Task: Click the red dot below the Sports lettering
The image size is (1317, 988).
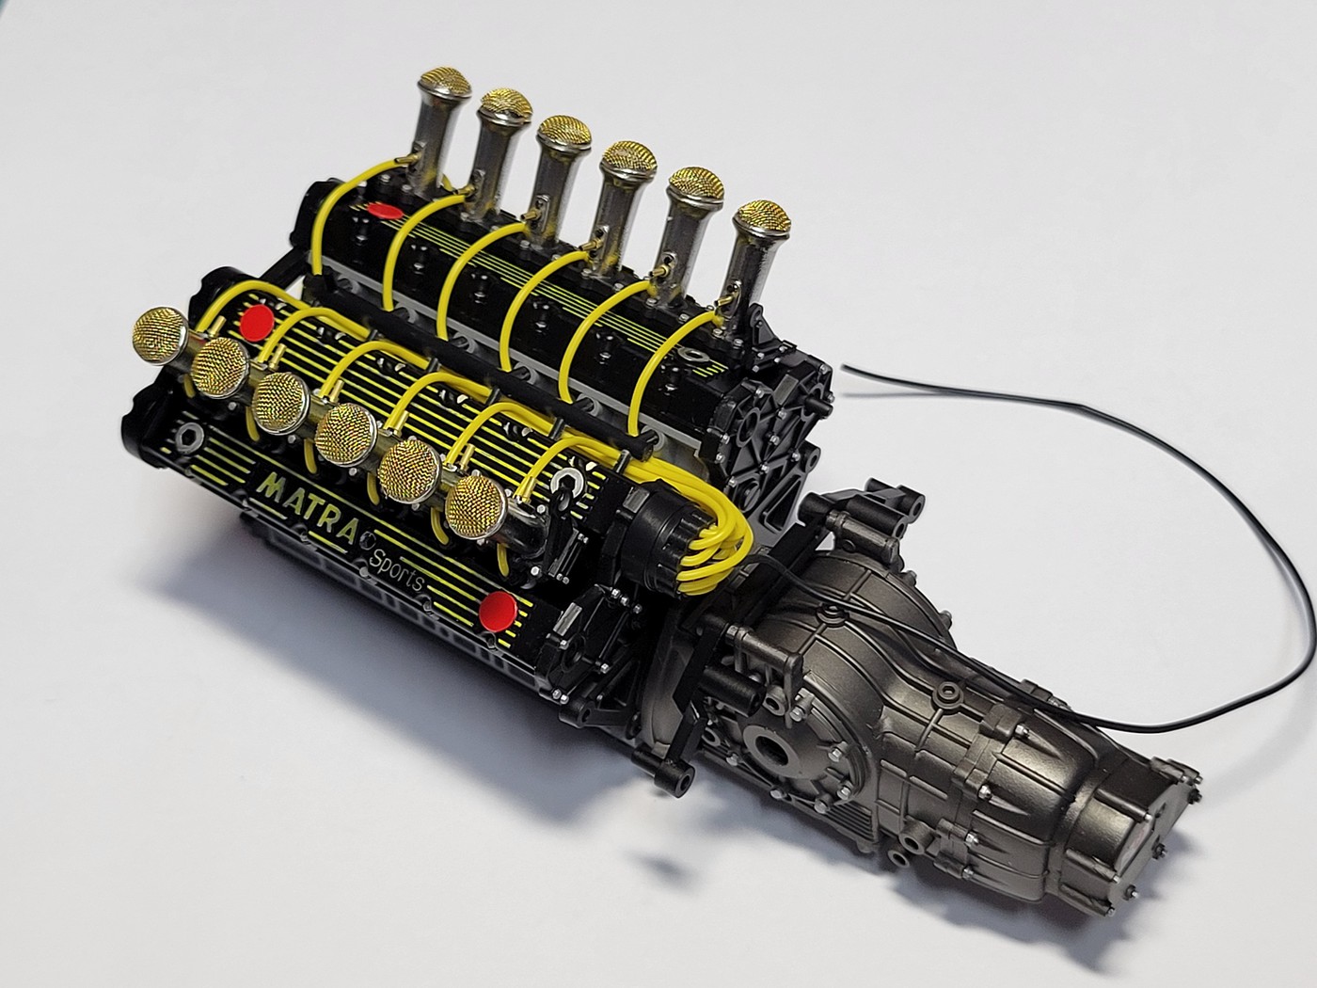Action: (501, 611)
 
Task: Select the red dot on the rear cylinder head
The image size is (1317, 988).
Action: (385, 211)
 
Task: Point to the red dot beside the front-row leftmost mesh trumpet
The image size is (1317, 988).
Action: (257, 323)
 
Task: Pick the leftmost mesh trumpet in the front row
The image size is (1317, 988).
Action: (159, 337)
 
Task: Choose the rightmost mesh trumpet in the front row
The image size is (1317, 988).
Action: (476, 506)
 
